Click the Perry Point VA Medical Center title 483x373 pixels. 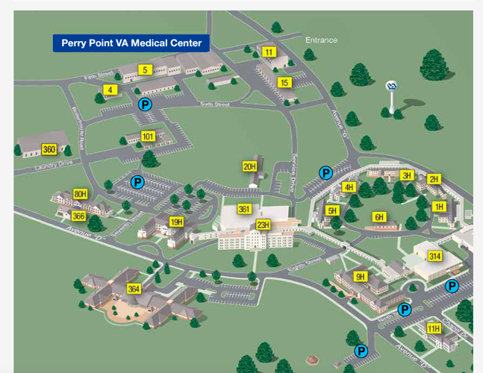[131, 43]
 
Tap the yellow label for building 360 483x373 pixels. [49, 149]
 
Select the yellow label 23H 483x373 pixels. [263, 225]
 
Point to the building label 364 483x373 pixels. [134, 289]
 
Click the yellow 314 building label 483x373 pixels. [434, 256]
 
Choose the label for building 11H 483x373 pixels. [434, 328]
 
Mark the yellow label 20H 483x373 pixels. [249, 166]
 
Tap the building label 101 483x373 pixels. [148, 137]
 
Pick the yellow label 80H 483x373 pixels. [80, 195]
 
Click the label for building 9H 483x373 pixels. [361, 277]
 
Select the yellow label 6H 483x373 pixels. [379, 217]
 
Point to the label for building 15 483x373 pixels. [284, 82]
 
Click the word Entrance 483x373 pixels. [321, 40]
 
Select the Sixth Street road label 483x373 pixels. [215, 105]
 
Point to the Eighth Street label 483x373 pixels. [303, 259]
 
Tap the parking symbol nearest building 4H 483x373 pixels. [325, 172]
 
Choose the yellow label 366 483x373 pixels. [78, 216]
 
